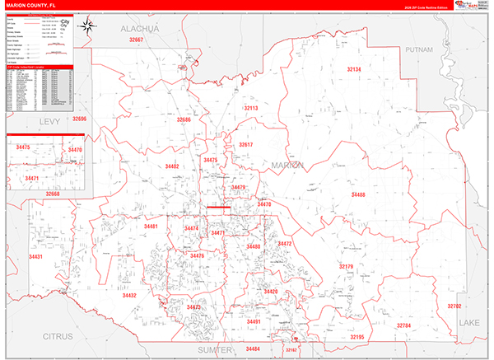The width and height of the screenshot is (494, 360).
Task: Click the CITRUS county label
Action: coord(59,336)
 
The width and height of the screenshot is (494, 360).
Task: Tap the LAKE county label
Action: coord(469,320)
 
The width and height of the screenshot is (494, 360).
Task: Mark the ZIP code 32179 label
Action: coord(346,266)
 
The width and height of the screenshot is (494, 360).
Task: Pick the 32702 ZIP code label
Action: coord(454,306)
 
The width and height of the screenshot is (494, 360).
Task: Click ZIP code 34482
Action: coord(171,166)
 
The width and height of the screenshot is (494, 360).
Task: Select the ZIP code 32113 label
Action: coord(250,108)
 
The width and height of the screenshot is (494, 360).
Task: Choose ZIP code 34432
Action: coord(129,294)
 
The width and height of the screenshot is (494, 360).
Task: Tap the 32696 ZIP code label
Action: coord(79,119)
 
